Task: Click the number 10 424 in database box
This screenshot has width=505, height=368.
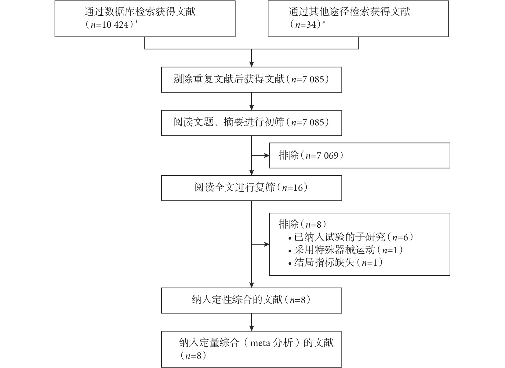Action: (115, 24)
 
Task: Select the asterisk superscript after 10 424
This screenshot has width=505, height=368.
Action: (136, 22)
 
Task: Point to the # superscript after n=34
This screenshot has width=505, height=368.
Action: (324, 22)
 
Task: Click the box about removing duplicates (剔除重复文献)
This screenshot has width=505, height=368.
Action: (252, 80)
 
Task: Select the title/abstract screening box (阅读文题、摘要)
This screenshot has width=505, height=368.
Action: (252, 123)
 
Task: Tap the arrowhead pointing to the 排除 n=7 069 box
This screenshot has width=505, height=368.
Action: (267, 156)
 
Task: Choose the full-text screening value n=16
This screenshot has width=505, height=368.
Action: (292, 188)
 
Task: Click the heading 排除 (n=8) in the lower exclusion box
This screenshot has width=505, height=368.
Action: (302, 224)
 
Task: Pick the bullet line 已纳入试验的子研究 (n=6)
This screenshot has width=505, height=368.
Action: (351, 237)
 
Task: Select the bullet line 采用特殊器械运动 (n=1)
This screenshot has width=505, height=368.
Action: (346, 250)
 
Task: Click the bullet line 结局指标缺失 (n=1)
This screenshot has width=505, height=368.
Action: (336, 262)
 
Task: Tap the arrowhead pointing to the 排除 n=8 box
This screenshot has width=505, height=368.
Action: (267, 244)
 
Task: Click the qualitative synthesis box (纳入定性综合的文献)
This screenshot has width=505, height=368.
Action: (252, 300)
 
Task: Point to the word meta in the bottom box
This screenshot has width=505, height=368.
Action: (260, 343)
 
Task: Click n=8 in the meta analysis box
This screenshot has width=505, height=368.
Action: (193, 355)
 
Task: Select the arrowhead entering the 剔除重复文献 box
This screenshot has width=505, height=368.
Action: (252, 64)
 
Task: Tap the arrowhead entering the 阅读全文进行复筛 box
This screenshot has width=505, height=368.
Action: (252, 172)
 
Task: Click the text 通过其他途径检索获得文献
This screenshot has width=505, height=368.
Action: (349, 12)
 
